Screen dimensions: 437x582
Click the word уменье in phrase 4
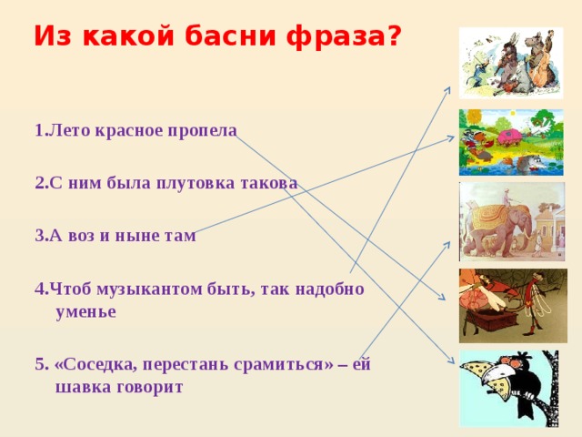(x=85, y=311)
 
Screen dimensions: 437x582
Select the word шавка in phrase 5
(x=84, y=386)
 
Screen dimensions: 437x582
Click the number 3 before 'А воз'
(x=40, y=236)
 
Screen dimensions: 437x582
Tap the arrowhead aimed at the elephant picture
(x=447, y=244)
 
